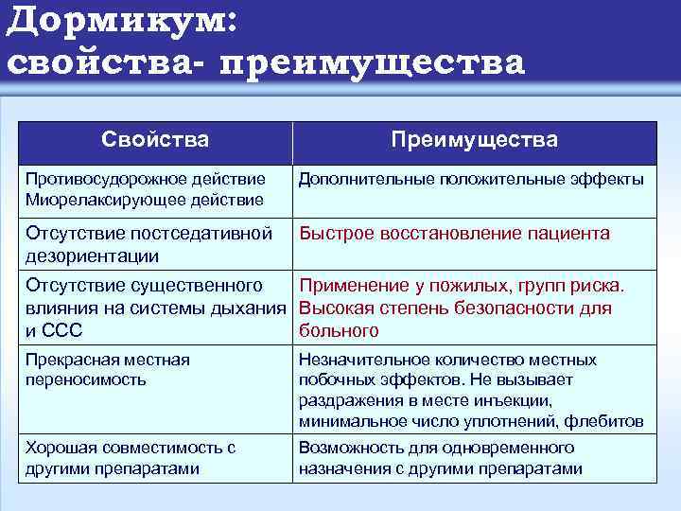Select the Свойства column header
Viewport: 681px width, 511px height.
click(x=155, y=140)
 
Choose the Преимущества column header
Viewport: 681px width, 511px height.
click(x=475, y=140)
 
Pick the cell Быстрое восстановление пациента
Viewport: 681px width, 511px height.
click(x=454, y=233)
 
